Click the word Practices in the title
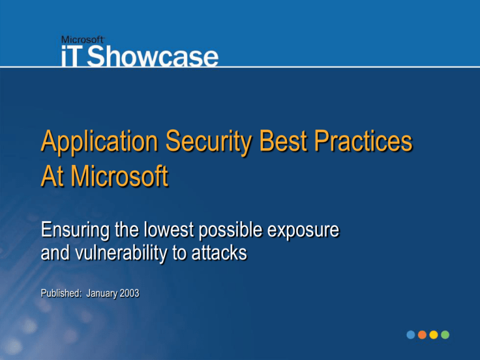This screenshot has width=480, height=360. point(370,144)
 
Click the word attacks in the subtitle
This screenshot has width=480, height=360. point(219,255)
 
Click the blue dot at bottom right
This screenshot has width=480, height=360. point(411,335)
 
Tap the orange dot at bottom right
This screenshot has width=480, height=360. point(422,335)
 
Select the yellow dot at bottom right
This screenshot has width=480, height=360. point(433,335)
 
